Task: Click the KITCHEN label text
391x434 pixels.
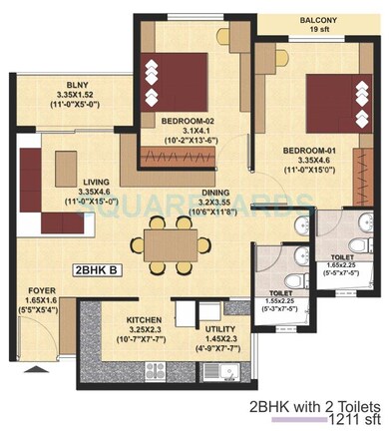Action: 146,320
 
